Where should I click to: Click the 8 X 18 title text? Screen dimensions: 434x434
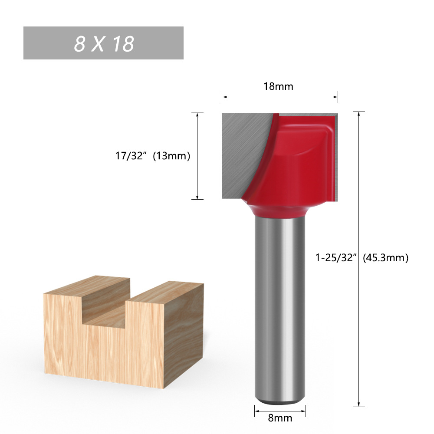(x=104, y=43)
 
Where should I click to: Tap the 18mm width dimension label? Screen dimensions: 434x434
(x=279, y=86)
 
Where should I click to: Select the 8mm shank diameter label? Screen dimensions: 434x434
(x=280, y=418)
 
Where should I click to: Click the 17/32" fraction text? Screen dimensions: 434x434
(x=130, y=156)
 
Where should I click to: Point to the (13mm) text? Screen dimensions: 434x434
(x=172, y=156)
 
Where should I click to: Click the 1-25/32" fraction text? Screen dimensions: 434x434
(x=335, y=258)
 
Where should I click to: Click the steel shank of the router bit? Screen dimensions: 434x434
(x=280, y=304)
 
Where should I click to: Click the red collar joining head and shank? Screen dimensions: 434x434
(x=280, y=210)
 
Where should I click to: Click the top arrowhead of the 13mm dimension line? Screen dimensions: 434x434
(x=197, y=115)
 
